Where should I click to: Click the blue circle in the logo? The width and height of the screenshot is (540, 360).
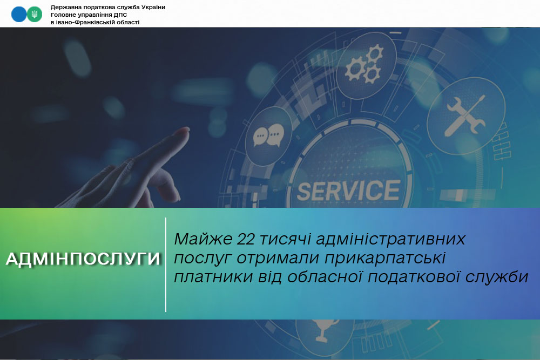(18, 15)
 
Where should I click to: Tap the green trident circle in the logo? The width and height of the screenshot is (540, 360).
(35, 15)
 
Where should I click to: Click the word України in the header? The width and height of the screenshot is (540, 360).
(151, 7)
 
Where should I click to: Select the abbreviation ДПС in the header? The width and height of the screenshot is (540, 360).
(120, 15)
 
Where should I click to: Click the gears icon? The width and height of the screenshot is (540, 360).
(364, 64)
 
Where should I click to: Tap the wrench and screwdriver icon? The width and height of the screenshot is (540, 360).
(465, 116)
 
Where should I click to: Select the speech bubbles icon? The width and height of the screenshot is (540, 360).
(268, 135)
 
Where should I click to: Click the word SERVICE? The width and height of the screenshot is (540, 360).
(348, 191)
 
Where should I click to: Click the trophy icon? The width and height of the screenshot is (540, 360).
(323, 330)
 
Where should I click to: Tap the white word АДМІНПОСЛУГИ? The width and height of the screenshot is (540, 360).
(83, 259)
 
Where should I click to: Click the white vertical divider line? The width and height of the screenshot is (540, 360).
(166, 264)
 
